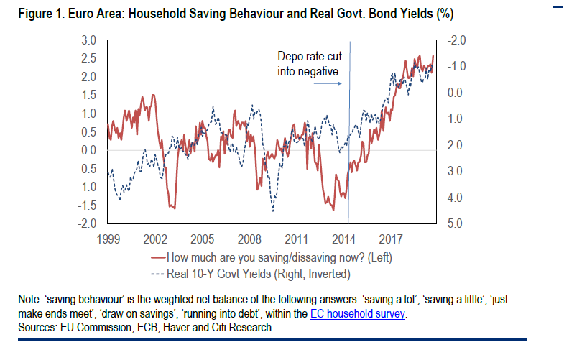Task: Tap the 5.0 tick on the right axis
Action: coord(453,224)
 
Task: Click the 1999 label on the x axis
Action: coord(107,238)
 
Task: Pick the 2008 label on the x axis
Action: coord(249,238)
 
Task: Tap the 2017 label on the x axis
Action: coord(390,238)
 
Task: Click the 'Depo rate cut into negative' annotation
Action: coord(308,64)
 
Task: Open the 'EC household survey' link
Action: coord(358,314)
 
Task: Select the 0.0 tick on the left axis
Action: coord(89,150)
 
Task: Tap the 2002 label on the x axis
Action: coord(154,238)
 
